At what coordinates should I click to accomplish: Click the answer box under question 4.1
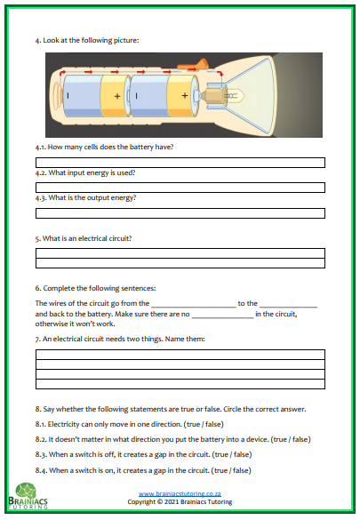tap(180, 163)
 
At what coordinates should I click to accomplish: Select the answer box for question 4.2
tap(180, 188)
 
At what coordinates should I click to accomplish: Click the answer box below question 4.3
tap(180, 213)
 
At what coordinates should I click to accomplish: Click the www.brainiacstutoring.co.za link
tap(180, 493)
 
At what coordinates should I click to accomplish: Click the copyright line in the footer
tap(180, 501)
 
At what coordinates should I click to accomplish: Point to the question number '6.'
tap(38, 288)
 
